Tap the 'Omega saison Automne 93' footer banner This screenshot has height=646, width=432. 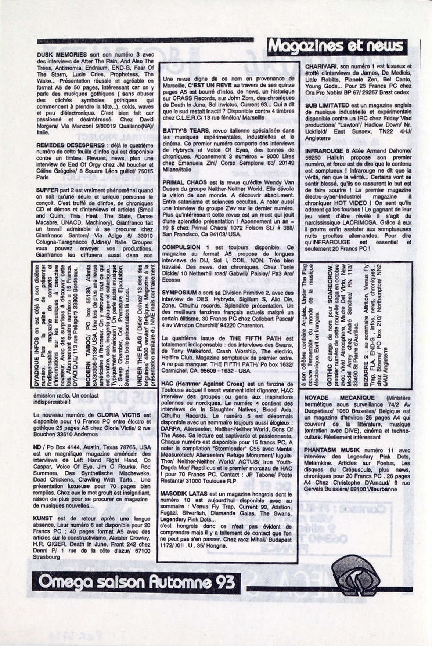[136, 581]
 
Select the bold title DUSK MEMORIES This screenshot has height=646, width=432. [62, 55]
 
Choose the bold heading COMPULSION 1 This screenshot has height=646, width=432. [181, 247]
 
